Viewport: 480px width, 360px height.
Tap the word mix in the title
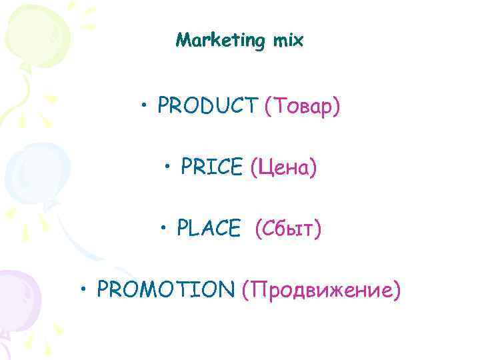pyautogui.click(x=288, y=41)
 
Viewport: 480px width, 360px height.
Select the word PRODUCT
pyautogui.click(x=208, y=105)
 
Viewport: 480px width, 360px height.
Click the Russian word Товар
pyautogui.click(x=303, y=105)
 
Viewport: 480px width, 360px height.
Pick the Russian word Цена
pyautogui.click(x=283, y=167)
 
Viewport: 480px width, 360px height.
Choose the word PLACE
pyautogui.click(x=208, y=229)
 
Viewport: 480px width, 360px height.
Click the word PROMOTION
pyautogui.click(x=165, y=289)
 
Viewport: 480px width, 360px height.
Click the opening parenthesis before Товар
pyautogui.click(x=268, y=105)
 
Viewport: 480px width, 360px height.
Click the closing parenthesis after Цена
pyautogui.click(x=313, y=167)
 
